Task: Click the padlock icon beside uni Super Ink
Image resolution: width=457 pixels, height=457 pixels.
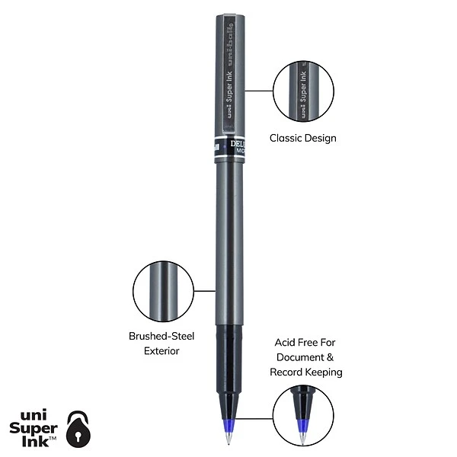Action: pos(78,428)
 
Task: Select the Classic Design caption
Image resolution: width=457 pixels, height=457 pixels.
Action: pos(302,139)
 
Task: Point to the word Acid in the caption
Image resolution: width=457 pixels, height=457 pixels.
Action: pos(286,342)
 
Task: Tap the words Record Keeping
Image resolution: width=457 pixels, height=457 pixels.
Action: pos(306,372)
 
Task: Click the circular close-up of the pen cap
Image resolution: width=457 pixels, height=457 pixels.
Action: pos(302,91)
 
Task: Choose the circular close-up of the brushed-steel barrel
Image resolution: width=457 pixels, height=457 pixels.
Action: pos(163,291)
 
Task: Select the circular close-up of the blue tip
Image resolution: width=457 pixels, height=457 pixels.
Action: pos(302,415)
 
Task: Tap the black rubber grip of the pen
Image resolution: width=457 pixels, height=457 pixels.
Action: pos(228,358)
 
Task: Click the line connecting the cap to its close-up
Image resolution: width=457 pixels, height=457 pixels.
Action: pos(258,91)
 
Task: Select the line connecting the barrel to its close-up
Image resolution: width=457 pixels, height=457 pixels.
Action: pos(204,290)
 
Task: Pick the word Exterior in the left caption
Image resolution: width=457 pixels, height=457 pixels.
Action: pos(161,351)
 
